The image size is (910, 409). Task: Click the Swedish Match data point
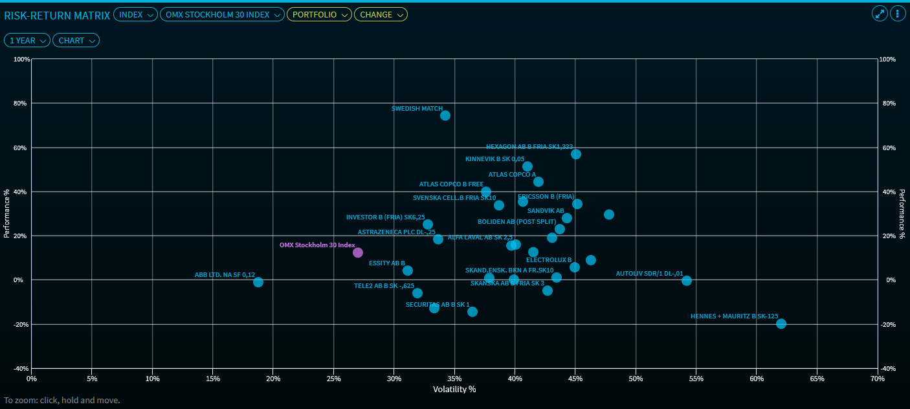pos(445,116)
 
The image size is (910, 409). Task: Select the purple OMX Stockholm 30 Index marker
pos(358,252)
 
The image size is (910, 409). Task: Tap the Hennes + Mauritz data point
pos(781,324)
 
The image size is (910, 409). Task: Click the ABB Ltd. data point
pos(258,282)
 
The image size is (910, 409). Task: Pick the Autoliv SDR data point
pos(687,281)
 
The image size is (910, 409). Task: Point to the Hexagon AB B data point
pos(576,154)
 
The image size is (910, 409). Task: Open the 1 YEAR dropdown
pos(27,41)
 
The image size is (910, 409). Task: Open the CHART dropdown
pos(76,41)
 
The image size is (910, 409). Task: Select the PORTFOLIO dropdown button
pos(319,14)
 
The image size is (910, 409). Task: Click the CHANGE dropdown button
pos(381,14)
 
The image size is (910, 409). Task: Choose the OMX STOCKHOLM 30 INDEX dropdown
pos(222,14)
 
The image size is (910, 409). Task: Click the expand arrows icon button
pos(880,14)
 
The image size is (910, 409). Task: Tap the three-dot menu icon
pos(898,14)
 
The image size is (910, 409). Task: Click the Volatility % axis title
pos(454,390)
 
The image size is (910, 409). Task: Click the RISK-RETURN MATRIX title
pos(57,14)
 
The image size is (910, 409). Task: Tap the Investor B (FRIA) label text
pos(385,217)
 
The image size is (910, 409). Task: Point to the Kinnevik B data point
pos(527,166)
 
